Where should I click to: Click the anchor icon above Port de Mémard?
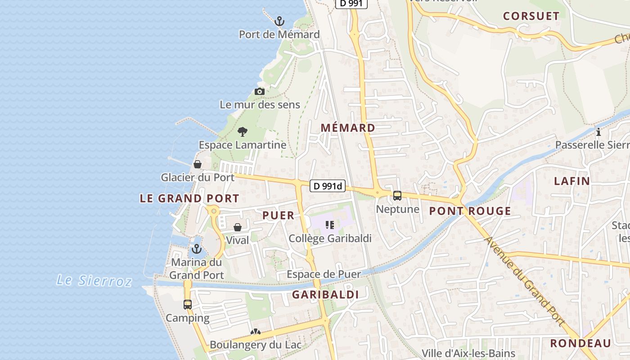click(x=279, y=21)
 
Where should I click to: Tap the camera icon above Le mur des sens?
click(x=259, y=92)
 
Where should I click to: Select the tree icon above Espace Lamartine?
click(x=243, y=132)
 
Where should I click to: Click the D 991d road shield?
click(x=328, y=186)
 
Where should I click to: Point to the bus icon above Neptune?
click(x=397, y=196)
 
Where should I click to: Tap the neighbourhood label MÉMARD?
click(x=348, y=128)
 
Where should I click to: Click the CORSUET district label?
click(x=531, y=16)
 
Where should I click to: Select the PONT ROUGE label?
click(x=470, y=211)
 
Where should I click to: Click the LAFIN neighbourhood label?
click(x=571, y=181)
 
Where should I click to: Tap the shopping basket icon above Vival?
click(x=238, y=227)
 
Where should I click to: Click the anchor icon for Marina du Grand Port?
click(x=196, y=249)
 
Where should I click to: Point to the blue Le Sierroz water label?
click(x=94, y=281)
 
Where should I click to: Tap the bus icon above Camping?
click(x=188, y=305)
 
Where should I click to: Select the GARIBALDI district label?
click(x=325, y=295)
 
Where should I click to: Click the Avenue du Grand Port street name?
click(x=524, y=280)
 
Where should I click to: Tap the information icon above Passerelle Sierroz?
click(x=598, y=132)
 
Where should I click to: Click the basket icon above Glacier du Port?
click(x=198, y=164)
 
